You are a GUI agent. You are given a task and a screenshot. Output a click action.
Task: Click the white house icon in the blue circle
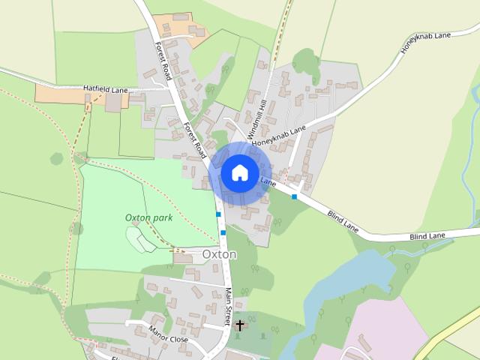tap(239, 172)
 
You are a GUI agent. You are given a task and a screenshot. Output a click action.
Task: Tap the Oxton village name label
tap(219, 255)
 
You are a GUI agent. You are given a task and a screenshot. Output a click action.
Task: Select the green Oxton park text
tap(149, 217)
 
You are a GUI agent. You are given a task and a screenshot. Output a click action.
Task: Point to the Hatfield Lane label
tap(106, 89)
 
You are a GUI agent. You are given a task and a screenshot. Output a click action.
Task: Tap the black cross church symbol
tap(240, 325)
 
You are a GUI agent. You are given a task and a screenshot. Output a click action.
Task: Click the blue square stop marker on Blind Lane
tap(295, 196)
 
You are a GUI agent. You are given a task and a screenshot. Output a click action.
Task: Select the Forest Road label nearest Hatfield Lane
tap(163, 61)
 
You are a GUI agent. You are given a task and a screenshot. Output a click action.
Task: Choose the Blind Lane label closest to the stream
tap(427, 236)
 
